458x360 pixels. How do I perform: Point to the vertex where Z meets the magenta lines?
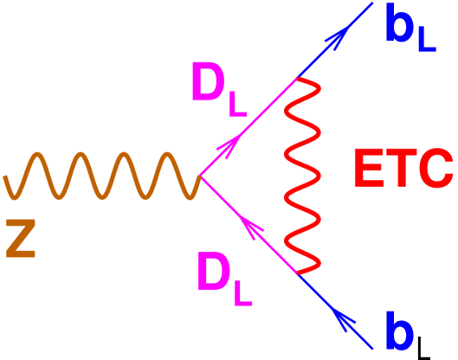coord(200,177)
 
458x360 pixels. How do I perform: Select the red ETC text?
coord(403,169)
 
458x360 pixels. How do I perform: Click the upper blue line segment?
coord(333,43)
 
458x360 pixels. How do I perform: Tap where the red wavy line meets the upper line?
coord(297,79)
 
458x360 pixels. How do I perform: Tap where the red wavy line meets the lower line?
coord(299,273)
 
